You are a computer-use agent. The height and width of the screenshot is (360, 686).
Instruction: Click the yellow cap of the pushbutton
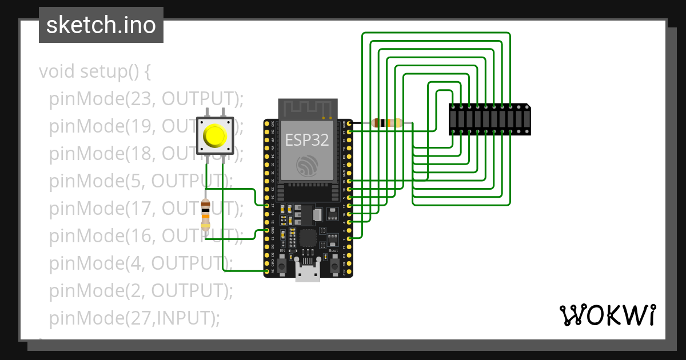(x=215, y=136)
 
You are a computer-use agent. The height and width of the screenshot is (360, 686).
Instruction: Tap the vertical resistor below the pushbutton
(x=206, y=214)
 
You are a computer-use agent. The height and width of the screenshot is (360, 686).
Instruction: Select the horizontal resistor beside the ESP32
(x=387, y=123)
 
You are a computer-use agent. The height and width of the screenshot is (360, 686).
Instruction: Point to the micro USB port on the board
(x=308, y=273)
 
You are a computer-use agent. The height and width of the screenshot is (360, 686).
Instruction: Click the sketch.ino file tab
(x=101, y=25)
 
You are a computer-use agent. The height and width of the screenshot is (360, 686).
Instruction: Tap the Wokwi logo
(x=607, y=315)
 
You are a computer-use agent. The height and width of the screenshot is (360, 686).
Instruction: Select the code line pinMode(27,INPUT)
(x=134, y=318)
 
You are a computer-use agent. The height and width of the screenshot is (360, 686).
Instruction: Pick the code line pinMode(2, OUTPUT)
(x=141, y=290)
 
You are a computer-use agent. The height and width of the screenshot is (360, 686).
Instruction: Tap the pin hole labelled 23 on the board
(x=349, y=131)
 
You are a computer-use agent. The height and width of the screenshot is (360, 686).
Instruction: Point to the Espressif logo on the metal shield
(x=308, y=166)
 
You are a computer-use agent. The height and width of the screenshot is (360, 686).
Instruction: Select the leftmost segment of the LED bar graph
(x=454, y=119)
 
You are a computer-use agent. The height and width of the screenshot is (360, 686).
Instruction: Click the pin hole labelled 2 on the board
(x=349, y=238)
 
